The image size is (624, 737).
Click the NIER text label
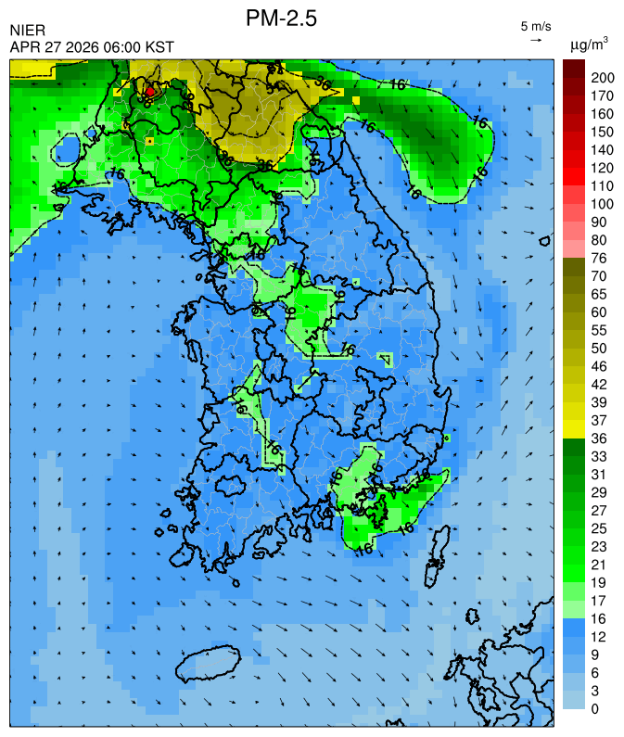tap(27, 31)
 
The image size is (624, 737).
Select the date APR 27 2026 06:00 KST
tap(92, 46)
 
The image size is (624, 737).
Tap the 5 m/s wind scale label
tap(536, 26)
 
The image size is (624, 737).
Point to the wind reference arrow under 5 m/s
tap(536, 40)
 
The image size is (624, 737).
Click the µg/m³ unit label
tap(589, 44)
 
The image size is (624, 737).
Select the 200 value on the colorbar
tap(604, 77)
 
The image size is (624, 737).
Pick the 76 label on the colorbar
tap(599, 258)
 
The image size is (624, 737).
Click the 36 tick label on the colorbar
tap(599, 438)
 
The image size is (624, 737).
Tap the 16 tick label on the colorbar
tap(599, 619)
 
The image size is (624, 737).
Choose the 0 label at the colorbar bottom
tap(595, 709)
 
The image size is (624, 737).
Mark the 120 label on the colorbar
tap(604, 168)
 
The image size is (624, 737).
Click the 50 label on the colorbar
tap(599, 349)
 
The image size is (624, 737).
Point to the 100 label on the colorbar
tap(604, 204)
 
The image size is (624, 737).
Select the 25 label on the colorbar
tap(599, 528)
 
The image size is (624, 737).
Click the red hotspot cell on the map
tap(150, 92)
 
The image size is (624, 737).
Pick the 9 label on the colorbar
tap(595, 655)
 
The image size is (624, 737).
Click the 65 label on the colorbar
tap(599, 294)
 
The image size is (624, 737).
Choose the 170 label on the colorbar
tap(604, 95)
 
